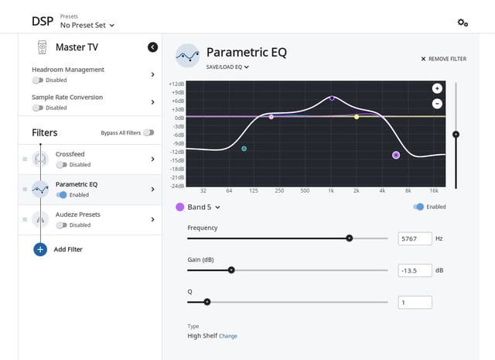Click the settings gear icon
click(463, 22)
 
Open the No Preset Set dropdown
click(87, 25)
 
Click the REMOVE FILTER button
click(444, 59)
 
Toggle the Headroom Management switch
click(38, 80)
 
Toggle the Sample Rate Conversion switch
click(38, 108)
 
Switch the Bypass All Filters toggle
click(148, 132)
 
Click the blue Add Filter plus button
click(40, 249)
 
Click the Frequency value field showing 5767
click(415, 238)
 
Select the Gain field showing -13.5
click(415, 270)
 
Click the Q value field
click(415, 302)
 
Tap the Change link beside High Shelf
click(228, 336)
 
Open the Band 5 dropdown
click(199, 207)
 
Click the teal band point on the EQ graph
click(244, 149)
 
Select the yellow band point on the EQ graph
click(357, 117)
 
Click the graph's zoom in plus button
click(437, 88)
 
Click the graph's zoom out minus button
click(437, 103)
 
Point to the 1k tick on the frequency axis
click(331, 190)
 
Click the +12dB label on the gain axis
click(176, 84)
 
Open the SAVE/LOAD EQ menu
click(227, 67)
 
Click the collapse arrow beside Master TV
click(152, 47)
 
